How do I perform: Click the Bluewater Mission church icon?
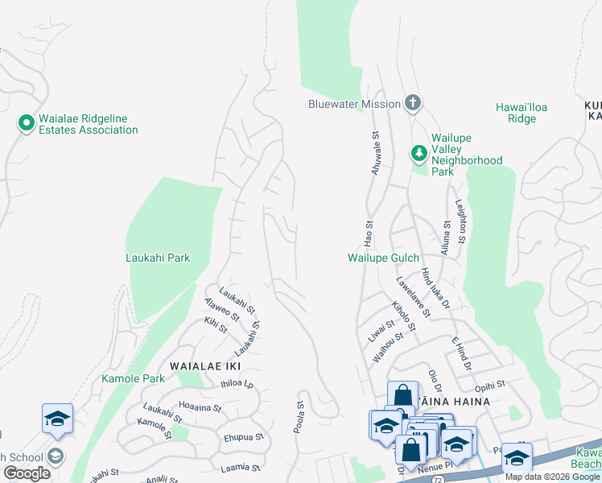click(x=412, y=103)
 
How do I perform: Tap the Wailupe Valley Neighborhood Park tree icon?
click(x=419, y=152)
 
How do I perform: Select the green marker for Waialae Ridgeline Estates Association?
click(x=26, y=123)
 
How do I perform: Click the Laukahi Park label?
click(x=158, y=258)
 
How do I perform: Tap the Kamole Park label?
click(x=133, y=378)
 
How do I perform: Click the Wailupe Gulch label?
click(x=383, y=258)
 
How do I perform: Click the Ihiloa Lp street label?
click(x=237, y=385)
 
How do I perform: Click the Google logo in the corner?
click(x=27, y=473)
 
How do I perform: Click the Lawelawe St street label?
click(x=411, y=295)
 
